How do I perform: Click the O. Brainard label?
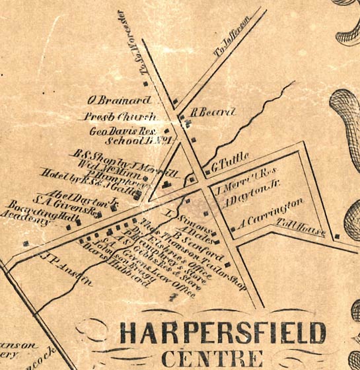(119, 100)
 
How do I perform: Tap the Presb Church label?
(124, 117)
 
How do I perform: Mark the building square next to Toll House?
(337, 236)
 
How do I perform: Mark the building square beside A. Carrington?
(234, 229)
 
